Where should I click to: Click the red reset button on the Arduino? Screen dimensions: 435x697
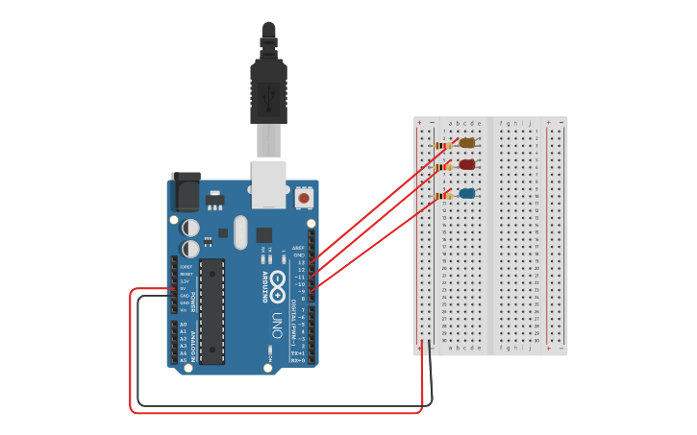point(304,198)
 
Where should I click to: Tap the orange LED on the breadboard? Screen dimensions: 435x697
point(467,143)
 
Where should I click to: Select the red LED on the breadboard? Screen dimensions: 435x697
point(467,164)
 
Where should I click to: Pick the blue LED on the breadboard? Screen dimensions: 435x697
point(467,193)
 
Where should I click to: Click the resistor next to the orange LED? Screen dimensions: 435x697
point(443,145)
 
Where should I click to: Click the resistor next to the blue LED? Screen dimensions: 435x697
point(443,196)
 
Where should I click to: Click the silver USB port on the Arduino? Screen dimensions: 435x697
point(269,183)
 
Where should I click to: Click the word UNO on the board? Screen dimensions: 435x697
point(277,324)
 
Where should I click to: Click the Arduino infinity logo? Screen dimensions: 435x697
point(277,283)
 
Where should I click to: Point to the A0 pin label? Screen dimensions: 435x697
point(184,325)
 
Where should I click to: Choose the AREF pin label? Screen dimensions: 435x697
point(298,248)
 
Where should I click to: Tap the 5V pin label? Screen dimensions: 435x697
point(184,288)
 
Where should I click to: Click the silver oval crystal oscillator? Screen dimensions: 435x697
point(239,231)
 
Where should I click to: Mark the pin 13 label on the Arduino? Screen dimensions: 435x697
point(300,262)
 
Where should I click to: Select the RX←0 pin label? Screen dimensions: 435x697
point(298,360)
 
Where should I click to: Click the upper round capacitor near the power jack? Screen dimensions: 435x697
point(191,228)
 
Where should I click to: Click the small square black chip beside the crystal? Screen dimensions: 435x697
point(263,234)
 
